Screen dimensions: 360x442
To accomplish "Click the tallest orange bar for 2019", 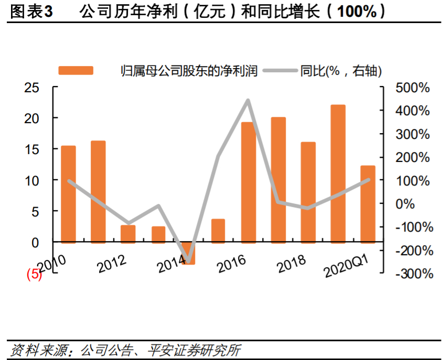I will [338, 173].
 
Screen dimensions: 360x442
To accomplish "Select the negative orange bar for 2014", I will [189, 254].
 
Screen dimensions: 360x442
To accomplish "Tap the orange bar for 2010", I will [68, 194].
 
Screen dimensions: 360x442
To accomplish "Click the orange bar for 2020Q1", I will [368, 204].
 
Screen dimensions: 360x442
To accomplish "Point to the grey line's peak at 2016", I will [248, 101].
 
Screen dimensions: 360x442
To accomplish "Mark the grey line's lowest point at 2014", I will [189, 260].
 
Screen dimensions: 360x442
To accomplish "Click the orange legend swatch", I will [76, 71].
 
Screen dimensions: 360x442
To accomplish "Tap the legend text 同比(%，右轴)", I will [340, 71].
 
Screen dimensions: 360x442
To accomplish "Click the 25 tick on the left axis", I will [32, 88].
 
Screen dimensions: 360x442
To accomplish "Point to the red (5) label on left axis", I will [34, 274].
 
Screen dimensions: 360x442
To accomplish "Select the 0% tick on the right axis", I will [419, 204].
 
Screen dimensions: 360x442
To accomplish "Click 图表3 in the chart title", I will [31, 12].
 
